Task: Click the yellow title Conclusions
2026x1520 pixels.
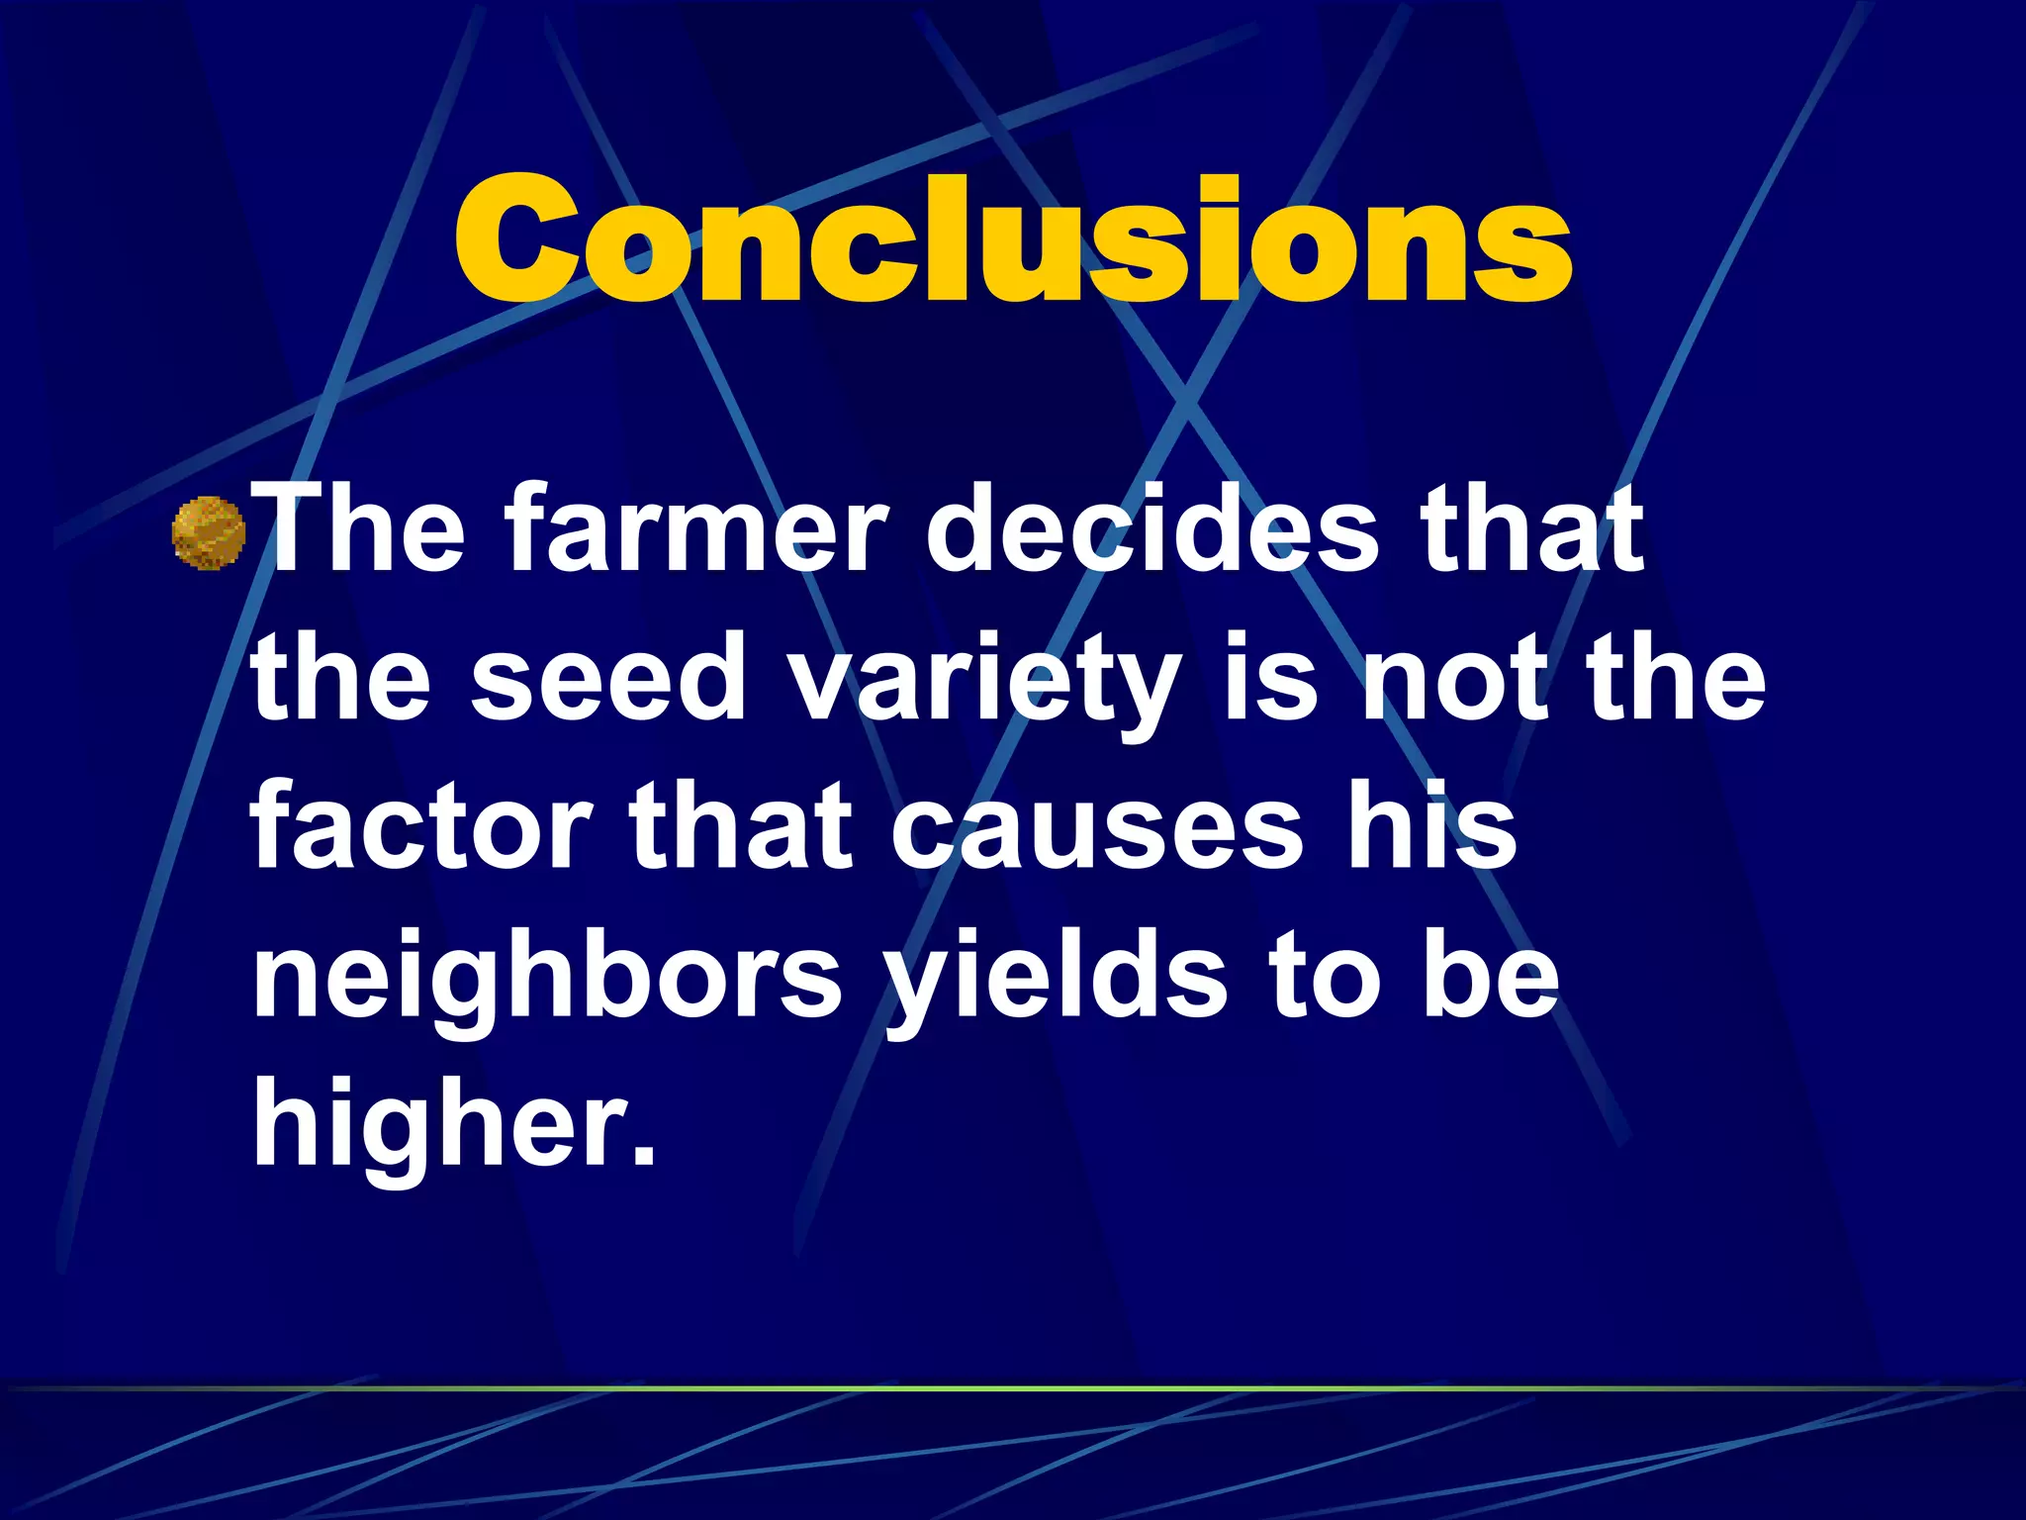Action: tap(1012, 239)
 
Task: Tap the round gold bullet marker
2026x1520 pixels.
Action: tap(208, 533)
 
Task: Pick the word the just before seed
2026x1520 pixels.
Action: tap(341, 677)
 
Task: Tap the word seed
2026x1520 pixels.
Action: tap(608, 677)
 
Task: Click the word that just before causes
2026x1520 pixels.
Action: tap(741, 825)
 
